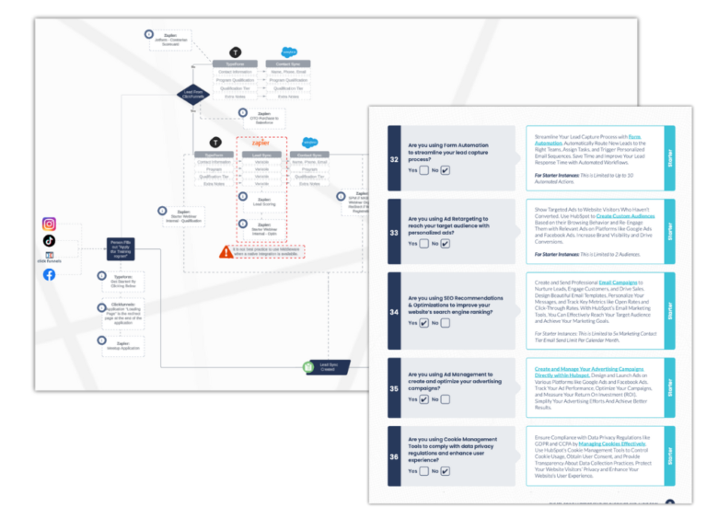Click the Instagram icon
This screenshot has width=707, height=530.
pos(49,224)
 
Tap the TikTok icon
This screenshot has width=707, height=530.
pos(49,240)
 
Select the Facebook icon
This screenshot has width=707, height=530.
pos(49,274)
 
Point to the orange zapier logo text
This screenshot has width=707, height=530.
pos(261,143)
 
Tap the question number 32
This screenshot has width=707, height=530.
pos(394,158)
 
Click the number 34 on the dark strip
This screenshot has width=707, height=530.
pos(394,311)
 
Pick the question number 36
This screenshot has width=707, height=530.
pos(394,457)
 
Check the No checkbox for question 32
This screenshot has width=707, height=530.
pos(446,170)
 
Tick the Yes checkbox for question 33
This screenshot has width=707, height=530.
pos(423,244)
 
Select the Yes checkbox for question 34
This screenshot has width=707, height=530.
pos(423,323)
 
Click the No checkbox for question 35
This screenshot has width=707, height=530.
pos(446,399)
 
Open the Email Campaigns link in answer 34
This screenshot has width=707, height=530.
pos(617,282)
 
